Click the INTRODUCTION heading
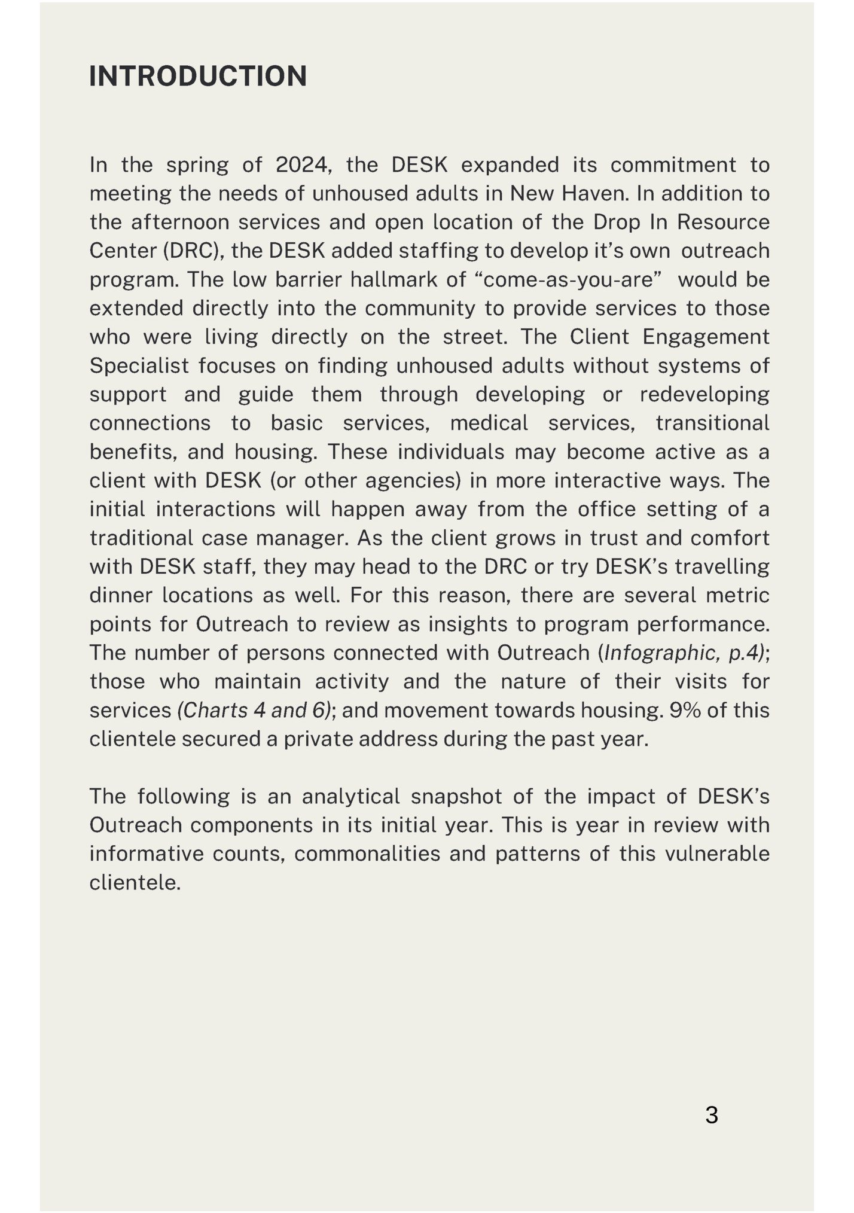[x=198, y=77]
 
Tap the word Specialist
[x=139, y=365]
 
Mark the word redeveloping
[x=704, y=394]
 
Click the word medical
[x=489, y=423]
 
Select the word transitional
[x=712, y=423]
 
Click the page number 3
[x=711, y=1115]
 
